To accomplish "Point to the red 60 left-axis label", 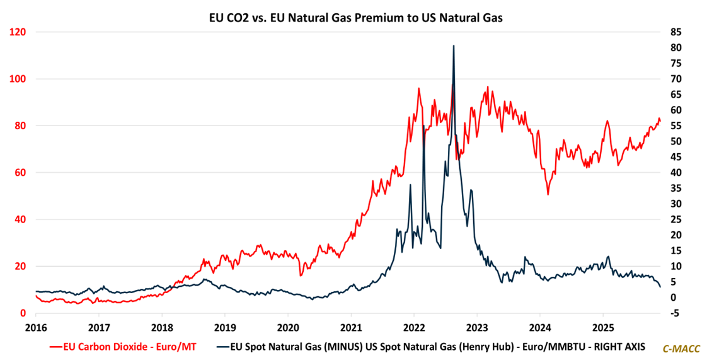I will (x=19, y=172).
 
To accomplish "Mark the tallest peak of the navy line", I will (x=454, y=46).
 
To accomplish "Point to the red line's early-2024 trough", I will (x=548, y=194).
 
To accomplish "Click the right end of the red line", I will (x=660, y=120).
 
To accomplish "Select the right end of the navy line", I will (x=660, y=287).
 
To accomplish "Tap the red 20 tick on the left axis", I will (x=19, y=266).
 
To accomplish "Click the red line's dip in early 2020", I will (x=301, y=275).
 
